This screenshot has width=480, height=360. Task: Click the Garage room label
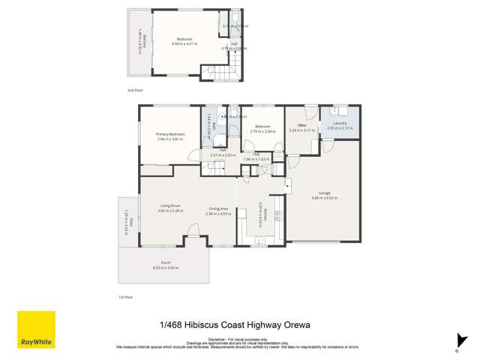[323, 194]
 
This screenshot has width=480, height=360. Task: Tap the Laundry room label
[340, 124]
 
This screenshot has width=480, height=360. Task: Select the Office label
[302, 126]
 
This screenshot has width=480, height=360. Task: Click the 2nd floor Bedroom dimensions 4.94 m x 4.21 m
[184, 43]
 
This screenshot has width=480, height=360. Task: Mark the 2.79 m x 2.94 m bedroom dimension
[262, 130]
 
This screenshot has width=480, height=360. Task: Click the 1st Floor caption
[126, 298]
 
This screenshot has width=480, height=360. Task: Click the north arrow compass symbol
[457, 343]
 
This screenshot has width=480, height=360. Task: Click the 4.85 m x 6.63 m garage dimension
[323, 199]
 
